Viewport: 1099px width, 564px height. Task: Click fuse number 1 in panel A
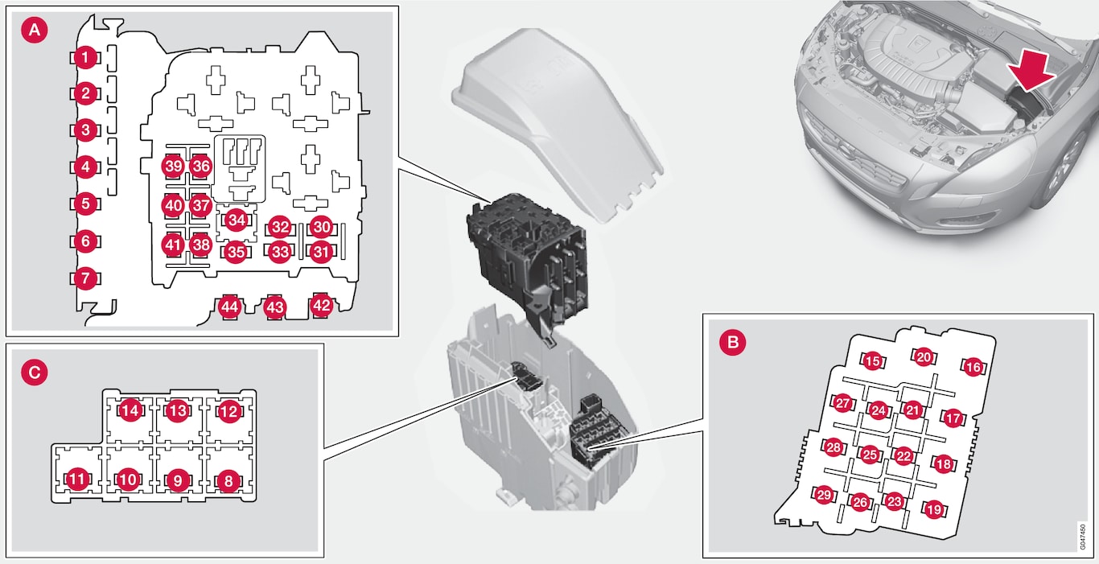[x=85, y=58]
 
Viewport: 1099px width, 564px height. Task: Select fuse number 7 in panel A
[x=85, y=278]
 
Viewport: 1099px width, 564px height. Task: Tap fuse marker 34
[x=237, y=220]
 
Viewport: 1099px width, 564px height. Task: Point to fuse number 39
[x=173, y=167]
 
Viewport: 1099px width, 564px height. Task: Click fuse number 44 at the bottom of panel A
[x=229, y=307]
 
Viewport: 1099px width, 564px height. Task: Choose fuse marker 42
[x=321, y=306]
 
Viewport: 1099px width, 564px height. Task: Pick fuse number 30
[x=321, y=227]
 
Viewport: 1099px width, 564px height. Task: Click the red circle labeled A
[x=35, y=30]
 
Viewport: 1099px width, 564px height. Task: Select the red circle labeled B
[x=732, y=342]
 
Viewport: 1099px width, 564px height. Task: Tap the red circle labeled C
[x=35, y=373]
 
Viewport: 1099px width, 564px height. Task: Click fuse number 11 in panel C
[x=77, y=480]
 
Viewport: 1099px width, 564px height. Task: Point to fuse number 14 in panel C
[x=130, y=410]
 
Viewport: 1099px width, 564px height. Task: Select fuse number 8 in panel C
[x=228, y=481]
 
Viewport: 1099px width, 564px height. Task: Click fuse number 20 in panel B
[x=924, y=357]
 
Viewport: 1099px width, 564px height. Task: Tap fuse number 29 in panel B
[x=824, y=495]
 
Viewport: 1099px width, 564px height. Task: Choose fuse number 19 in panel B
[x=933, y=510]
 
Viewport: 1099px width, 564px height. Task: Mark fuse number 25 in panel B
[x=870, y=455]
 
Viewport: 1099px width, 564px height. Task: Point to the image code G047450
[x=1083, y=537]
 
